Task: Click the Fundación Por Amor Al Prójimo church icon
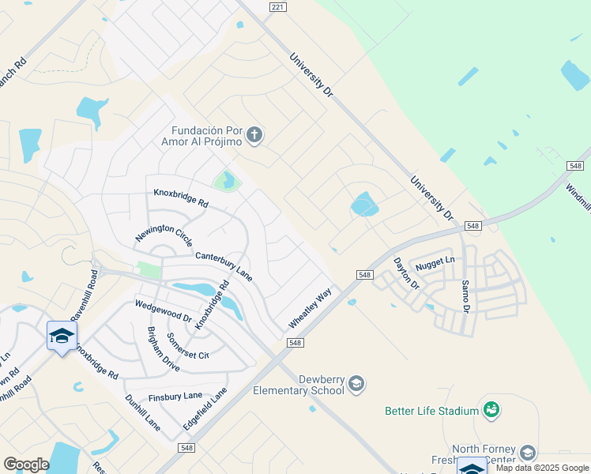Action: [254, 135]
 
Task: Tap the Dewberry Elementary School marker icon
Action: [356, 384]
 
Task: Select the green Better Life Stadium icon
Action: [492, 410]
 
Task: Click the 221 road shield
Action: [277, 7]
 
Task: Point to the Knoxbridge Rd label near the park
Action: [180, 198]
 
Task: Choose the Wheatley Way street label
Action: [310, 307]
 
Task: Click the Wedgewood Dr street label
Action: [164, 310]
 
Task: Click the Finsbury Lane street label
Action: [175, 397]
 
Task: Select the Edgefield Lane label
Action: [205, 408]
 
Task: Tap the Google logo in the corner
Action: [26, 465]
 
